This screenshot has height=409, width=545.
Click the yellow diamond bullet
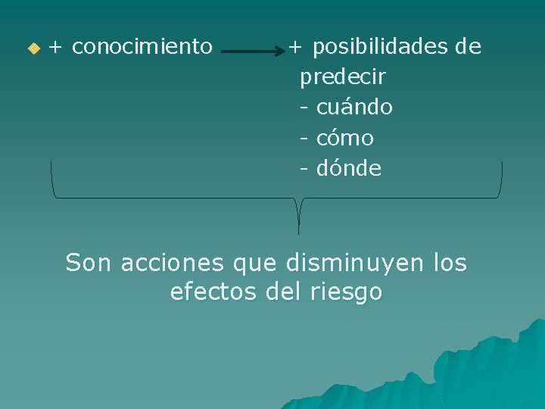tap(33, 48)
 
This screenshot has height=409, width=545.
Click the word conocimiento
tap(142, 47)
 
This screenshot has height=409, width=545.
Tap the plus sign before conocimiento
tap(56, 48)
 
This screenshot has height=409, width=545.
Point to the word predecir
tap(343, 77)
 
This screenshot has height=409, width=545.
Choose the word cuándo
tap(354, 108)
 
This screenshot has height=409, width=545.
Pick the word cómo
tap(345, 138)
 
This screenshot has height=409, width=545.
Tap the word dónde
tap(349, 168)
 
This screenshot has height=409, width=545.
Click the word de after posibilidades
tap(468, 47)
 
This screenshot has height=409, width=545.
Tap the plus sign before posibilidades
tap(296, 48)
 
